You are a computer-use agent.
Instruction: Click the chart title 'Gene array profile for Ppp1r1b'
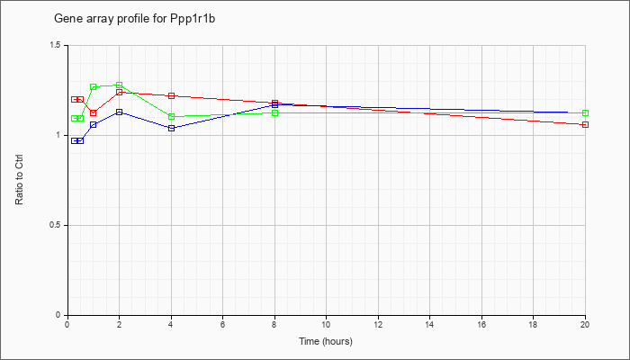click(x=135, y=19)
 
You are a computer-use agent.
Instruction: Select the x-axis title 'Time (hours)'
click(x=326, y=341)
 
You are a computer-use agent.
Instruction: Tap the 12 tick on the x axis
click(x=378, y=324)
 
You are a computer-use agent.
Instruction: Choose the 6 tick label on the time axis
click(x=222, y=324)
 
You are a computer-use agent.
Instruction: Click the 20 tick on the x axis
click(x=585, y=324)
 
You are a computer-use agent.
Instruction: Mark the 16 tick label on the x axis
click(x=481, y=324)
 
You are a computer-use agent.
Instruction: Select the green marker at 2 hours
click(x=120, y=85)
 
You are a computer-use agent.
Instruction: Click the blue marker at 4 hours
click(x=172, y=128)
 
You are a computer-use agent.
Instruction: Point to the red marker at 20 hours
click(x=585, y=124)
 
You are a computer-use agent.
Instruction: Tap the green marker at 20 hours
click(x=585, y=112)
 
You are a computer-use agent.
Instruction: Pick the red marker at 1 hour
click(x=94, y=112)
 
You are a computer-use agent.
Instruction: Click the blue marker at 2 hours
click(x=120, y=112)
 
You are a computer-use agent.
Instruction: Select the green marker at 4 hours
click(x=172, y=116)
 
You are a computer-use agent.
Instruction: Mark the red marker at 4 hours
click(x=172, y=95)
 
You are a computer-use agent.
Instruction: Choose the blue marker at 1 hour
click(x=94, y=124)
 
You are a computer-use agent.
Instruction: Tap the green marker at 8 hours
click(x=274, y=112)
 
